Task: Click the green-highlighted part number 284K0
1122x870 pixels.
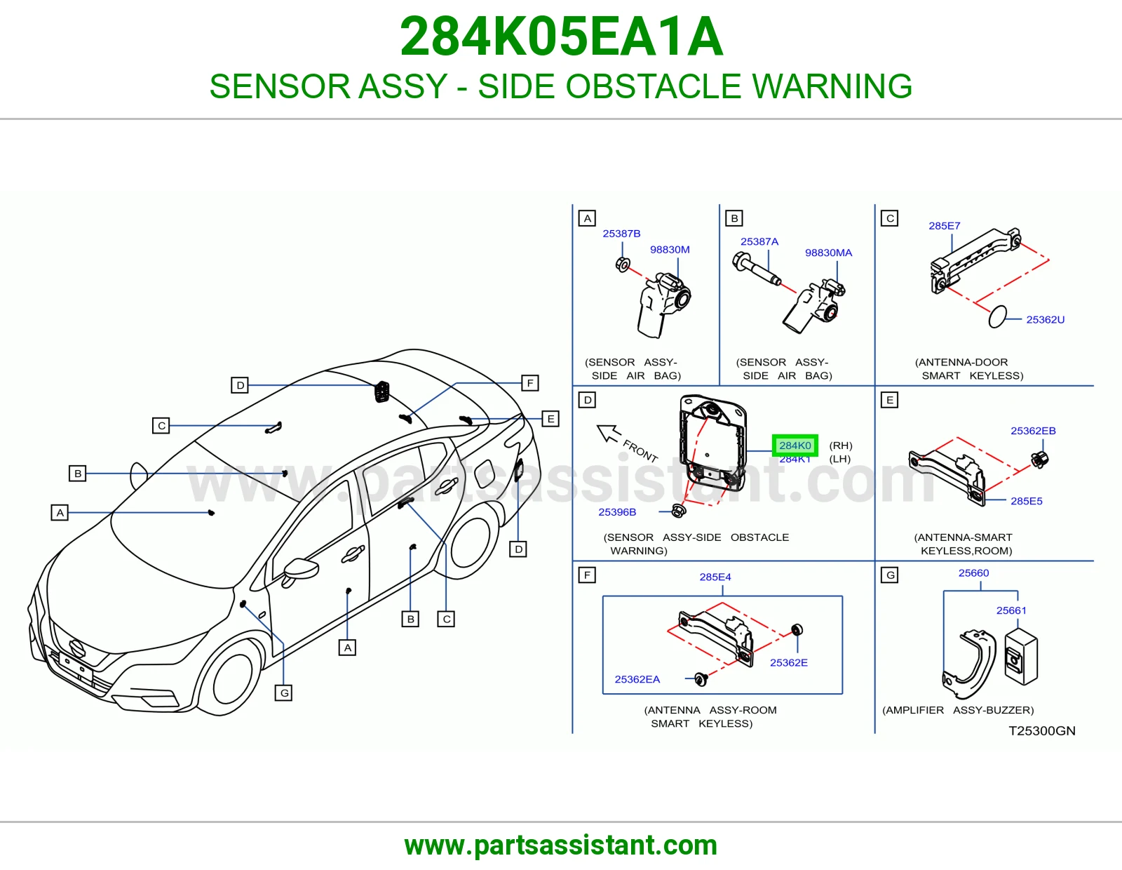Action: coord(795,446)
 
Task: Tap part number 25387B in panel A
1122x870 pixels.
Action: coord(621,234)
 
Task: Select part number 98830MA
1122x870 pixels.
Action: coord(828,253)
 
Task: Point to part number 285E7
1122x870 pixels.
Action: coord(944,226)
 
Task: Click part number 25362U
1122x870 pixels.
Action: coord(1045,320)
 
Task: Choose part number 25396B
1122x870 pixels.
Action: coord(617,512)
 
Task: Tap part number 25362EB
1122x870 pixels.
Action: coord(1033,431)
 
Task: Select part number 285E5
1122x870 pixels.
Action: coord(1026,501)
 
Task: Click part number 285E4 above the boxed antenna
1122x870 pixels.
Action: coord(715,577)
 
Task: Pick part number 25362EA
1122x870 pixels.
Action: coord(637,679)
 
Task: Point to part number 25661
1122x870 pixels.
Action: coord(1011,610)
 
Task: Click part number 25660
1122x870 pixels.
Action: coord(973,573)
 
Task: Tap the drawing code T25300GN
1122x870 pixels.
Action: coord(1042,731)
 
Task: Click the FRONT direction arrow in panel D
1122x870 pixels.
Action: coord(608,434)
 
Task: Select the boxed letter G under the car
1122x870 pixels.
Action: coord(283,692)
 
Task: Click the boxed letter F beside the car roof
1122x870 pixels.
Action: coord(529,383)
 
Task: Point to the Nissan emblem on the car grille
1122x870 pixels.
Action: coord(77,648)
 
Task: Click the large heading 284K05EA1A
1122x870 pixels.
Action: coord(561,36)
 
